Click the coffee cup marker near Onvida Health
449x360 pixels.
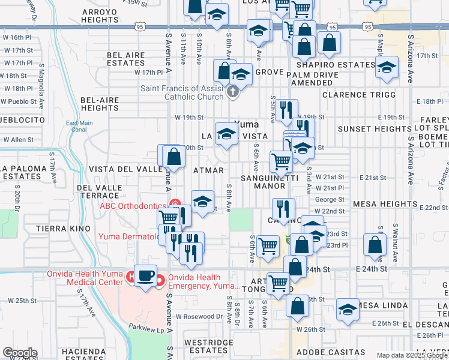point(145,276)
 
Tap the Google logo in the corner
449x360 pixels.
point(19,353)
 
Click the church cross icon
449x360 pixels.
point(234,92)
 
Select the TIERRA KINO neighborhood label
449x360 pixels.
point(63,229)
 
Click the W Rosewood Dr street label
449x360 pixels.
point(199,316)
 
